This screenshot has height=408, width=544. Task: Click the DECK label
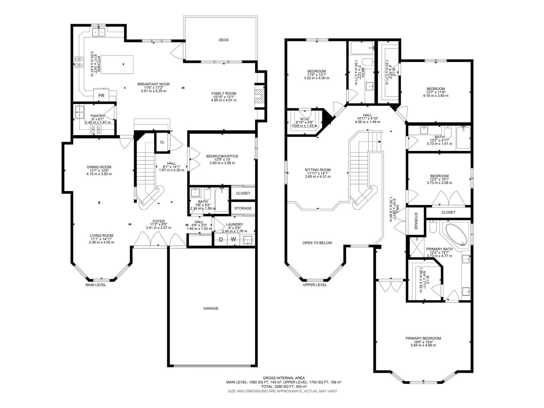[x=224, y=40]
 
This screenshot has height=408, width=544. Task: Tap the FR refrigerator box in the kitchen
[x=101, y=96]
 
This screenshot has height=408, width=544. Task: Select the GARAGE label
[x=211, y=308]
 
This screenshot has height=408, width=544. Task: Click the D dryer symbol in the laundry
[x=221, y=240]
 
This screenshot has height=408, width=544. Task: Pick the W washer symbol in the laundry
[x=234, y=240]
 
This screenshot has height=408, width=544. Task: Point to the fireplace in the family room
[x=259, y=96]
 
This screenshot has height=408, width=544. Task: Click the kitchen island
[x=116, y=64]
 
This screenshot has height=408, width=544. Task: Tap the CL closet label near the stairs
[x=162, y=142]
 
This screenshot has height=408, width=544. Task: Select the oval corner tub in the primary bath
[x=456, y=234]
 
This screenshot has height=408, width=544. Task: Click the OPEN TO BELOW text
[x=317, y=243]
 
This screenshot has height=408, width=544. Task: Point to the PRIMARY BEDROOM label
[x=423, y=338]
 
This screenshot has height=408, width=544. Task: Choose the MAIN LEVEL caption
[x=96, y=285]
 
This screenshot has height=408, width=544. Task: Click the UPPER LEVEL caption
[x=315, y=285]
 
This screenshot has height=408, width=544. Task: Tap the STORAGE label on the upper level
[x=415, y=221]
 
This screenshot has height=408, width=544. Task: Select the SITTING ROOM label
[x=318, y=170]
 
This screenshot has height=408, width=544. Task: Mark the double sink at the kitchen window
[x=99, y=32]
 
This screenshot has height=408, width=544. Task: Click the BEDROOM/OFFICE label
[x=222, y=156]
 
